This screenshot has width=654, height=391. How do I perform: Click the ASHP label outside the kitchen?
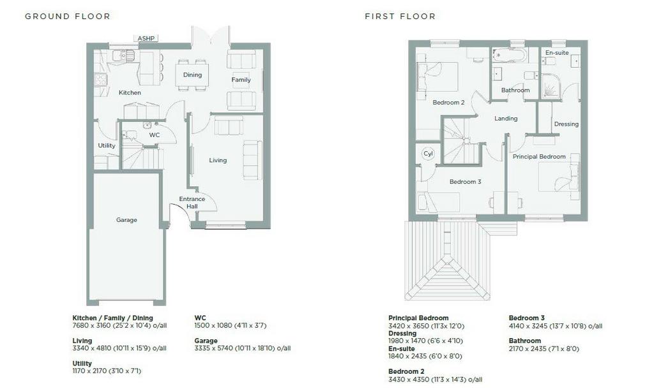click(x=146, y=38)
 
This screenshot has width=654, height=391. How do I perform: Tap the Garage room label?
click(x=126, y=220)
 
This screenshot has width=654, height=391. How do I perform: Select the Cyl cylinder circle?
click(x=429, y=154)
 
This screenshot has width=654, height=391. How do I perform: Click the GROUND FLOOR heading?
click(x=68, y=16)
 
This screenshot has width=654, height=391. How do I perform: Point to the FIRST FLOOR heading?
click(x=400, y=16)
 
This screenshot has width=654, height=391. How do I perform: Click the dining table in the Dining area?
click(x=192, y=75)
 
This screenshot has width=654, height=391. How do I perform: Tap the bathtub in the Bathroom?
click(x=509, y=55)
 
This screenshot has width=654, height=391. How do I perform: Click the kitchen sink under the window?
click(x=123, y=55)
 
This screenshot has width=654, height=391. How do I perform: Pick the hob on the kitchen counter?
click(x=100, y=79)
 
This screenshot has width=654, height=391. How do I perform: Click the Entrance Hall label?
click(x=192, y=202)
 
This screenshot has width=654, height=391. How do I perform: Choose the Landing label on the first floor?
click(x=506, y=118)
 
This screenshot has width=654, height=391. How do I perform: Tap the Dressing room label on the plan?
click(x=566, y=124)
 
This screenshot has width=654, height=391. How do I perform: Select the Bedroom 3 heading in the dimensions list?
click(x=526, y=318)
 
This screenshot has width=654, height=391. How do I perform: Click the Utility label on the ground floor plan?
click(x=107, y=145)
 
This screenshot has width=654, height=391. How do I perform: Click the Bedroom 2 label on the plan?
click(x=448, y=103)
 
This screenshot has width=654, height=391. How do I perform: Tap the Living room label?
click(x=218, y=160)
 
